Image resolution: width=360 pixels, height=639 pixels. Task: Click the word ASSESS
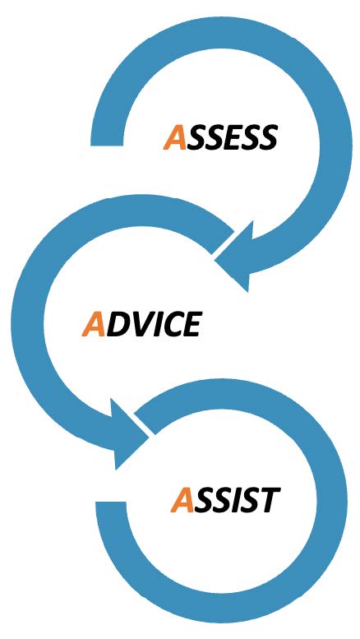(220, 137)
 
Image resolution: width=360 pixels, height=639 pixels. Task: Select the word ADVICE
(141, 324)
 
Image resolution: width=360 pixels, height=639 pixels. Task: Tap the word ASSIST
(225, 500)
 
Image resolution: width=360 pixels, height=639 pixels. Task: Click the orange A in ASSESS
(175, 137)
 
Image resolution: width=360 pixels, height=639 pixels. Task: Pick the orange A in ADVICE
(94, 324)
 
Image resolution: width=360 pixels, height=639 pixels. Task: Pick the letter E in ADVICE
(192, 325)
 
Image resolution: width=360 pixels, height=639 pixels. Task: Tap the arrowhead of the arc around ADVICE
(127, 434)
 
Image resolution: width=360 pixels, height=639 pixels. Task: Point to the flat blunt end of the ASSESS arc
(107, 143)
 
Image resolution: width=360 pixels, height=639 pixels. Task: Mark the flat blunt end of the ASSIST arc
(111, 503)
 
